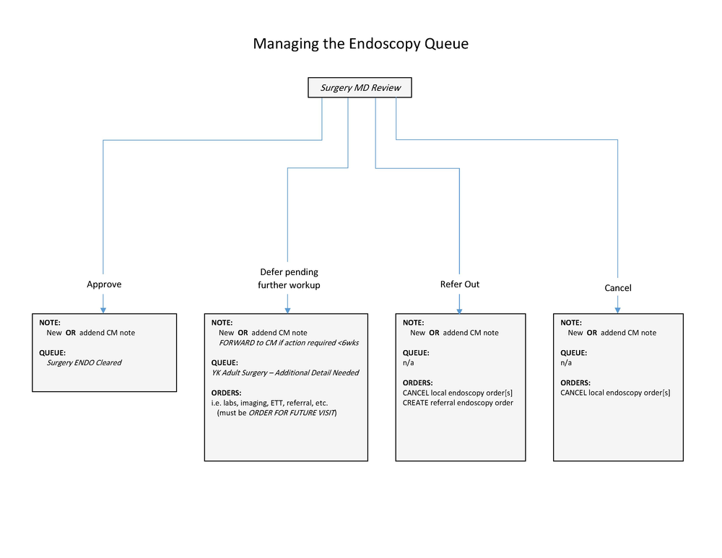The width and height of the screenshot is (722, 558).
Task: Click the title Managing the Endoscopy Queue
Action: (360, 44)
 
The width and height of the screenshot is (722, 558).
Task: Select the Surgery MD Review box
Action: (360, 88)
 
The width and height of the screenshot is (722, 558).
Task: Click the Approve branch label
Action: (104, 284)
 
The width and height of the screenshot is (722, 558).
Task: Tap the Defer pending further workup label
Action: (289, 279)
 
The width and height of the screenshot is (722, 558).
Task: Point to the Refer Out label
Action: (460, 284)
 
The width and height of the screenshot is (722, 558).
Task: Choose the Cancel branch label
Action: (617, 288)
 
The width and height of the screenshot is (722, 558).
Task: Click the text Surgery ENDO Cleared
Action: (84, 363)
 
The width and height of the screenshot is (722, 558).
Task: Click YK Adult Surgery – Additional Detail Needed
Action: (285, 373)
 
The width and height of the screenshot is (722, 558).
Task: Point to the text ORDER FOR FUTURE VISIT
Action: (292, 413)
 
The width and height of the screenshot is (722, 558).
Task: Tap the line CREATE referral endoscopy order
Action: (458, 403)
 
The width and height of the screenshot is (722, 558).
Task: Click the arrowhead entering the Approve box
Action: (103, 309)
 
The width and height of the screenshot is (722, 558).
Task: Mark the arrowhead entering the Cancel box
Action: (617, 309)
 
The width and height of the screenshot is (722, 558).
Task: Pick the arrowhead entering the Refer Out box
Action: (459, 309)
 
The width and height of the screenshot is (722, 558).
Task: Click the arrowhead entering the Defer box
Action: (287, 309)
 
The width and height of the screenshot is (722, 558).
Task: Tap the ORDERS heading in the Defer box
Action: (227, 393)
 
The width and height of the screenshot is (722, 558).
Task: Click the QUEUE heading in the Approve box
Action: (53, 353)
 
